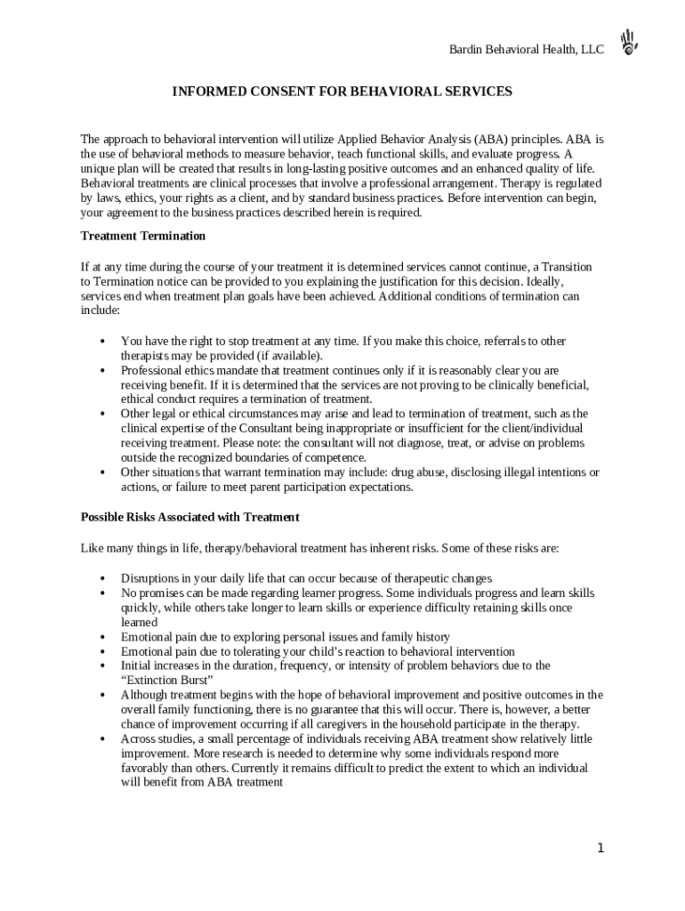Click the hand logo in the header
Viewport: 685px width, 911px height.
[631, 42]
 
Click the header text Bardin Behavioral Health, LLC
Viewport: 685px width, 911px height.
[526, 50]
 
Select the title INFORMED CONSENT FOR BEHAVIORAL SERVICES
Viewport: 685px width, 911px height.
[342, 92]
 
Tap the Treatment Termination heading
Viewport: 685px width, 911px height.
[143, 236]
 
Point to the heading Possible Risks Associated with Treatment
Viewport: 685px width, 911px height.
[189, 517]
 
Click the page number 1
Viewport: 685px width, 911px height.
[600, 848]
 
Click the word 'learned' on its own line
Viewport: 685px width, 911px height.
[139, 623]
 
